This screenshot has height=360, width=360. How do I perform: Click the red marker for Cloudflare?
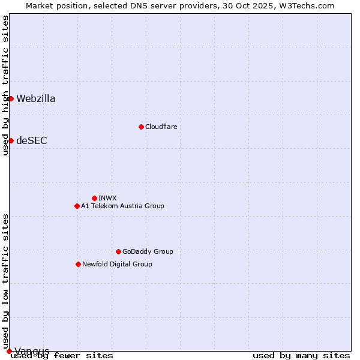coord(141,127)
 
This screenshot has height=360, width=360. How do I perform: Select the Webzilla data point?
coord(11,98)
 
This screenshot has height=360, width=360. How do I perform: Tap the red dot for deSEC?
coord(11,140)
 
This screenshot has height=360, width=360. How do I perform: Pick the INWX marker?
coord(94,198)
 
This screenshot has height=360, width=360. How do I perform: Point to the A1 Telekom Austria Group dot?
coord(77,206)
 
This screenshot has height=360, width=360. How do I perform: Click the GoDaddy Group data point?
coord(118,251)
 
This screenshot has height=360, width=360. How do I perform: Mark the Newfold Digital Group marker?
coord(78,264)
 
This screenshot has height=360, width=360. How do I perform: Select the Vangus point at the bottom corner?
coord(9,351)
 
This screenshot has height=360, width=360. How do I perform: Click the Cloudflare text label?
coord(161,127)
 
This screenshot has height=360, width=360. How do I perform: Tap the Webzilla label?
coord(36,99)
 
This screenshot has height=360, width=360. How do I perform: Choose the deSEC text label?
coord(32,141)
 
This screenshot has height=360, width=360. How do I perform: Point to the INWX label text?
coord(107,198)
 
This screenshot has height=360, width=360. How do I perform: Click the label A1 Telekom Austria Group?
coord(122,206)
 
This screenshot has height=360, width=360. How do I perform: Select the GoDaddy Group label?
coord(148,251)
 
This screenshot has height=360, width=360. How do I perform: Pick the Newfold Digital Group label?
coord(117,264)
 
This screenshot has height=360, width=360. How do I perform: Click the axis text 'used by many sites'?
coord(301,356)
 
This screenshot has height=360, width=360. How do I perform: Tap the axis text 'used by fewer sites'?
coord(62,356)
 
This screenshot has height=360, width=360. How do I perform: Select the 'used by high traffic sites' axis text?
coord(5,85)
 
